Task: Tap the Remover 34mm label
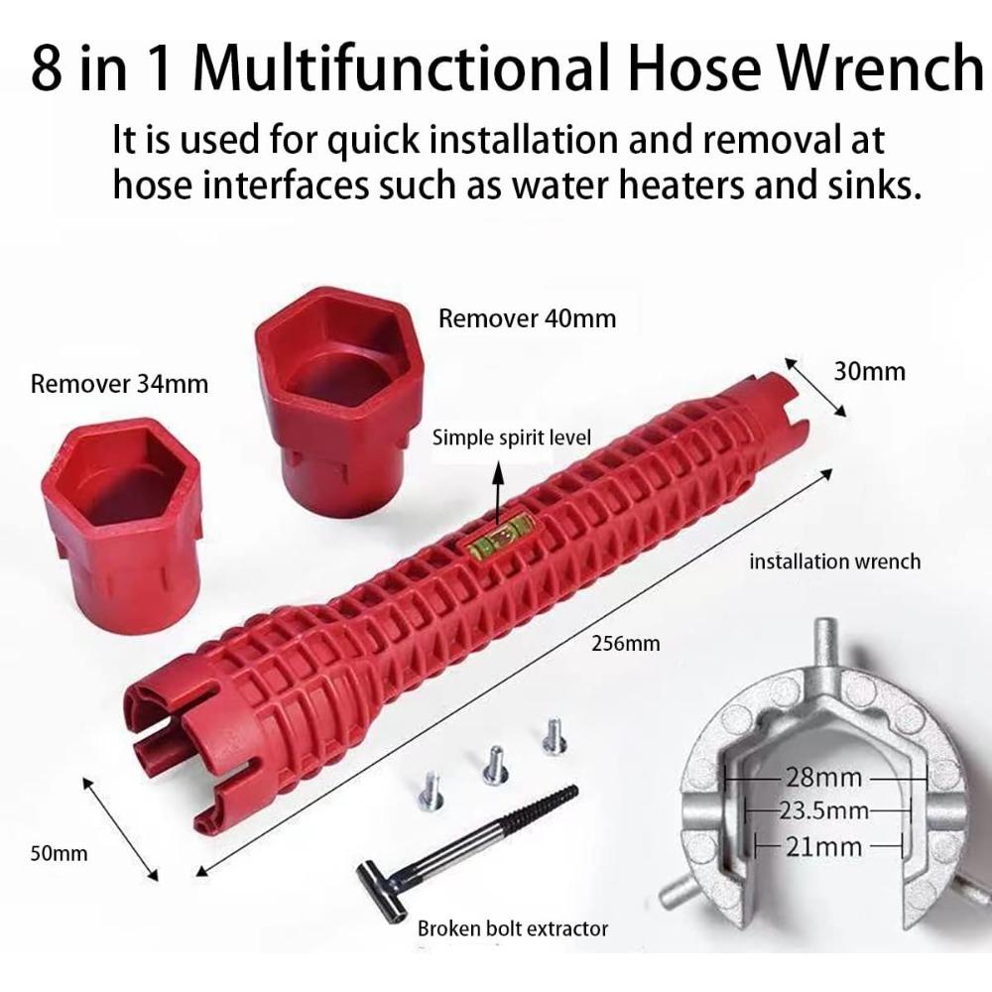click(119, 383)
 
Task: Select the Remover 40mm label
click(527, 318)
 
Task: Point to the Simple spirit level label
click(511, 437)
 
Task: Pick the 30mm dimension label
click(869, 371)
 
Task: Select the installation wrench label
click(834, 561)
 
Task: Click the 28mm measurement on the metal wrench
click(823, 776)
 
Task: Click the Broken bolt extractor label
click(512, 930)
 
